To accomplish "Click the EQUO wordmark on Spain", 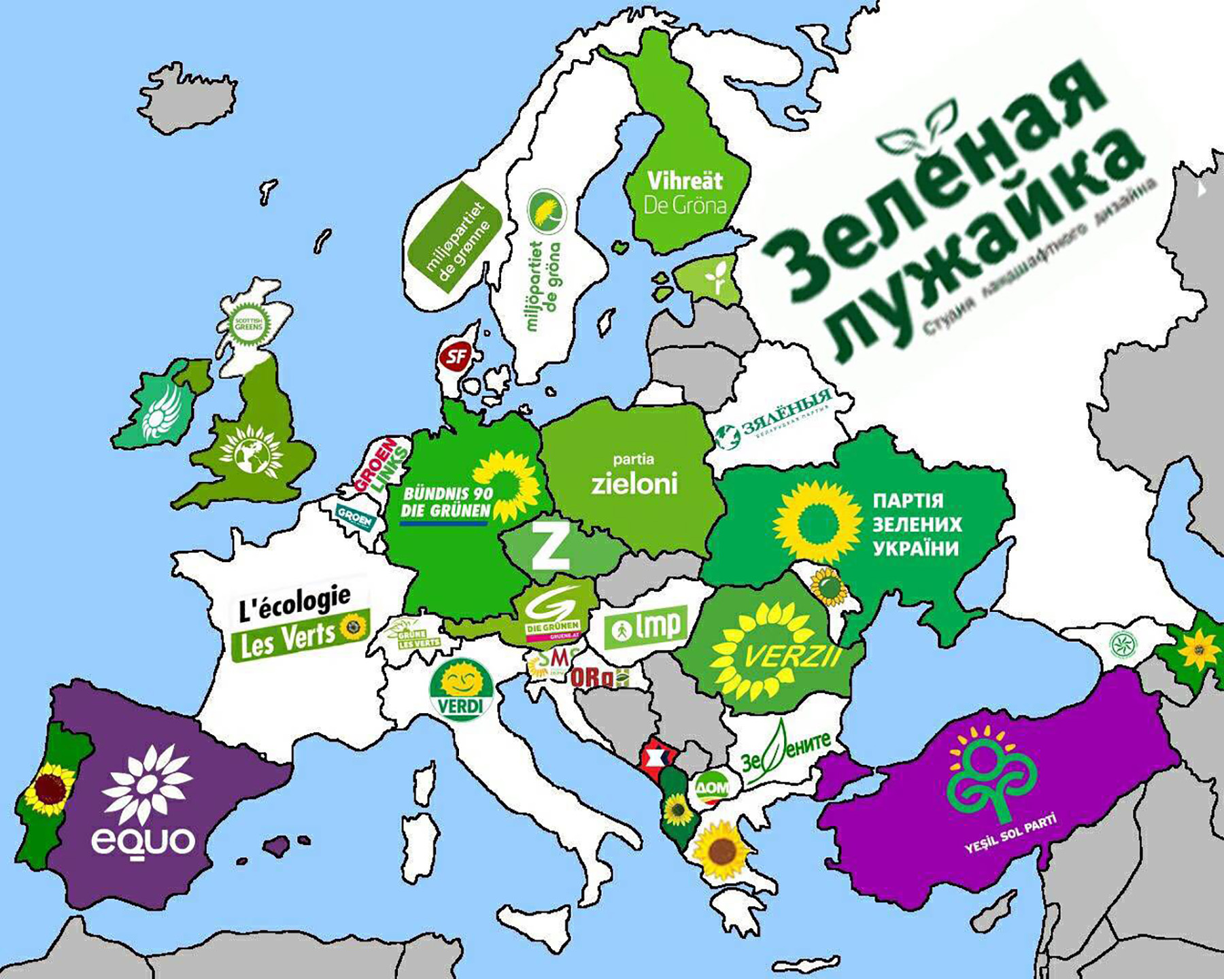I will pyautogui.click(x=143, y=840).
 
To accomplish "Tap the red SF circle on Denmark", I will pyautogui.click(x=455, y=356).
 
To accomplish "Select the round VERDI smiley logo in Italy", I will pyautogui.click(x=461, y=688).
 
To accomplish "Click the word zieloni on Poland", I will pyautogui.click(x=634, y=483).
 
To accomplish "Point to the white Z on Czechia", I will pyautogui.click(x=549, y=546).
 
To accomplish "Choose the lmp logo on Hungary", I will pyautogui.click(x=645, y=627).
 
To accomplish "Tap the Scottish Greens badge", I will pyautogui.click(x=249, y=322).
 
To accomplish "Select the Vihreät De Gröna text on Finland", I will pyautogui.click(x=685, y=192).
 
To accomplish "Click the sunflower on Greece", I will pyautogui.click(x=719, y=849).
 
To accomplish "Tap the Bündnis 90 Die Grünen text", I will pyautogui.click(x=446, y=502).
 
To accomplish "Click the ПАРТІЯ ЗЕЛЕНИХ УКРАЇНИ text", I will pyautogui.click(x=916, y=524).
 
